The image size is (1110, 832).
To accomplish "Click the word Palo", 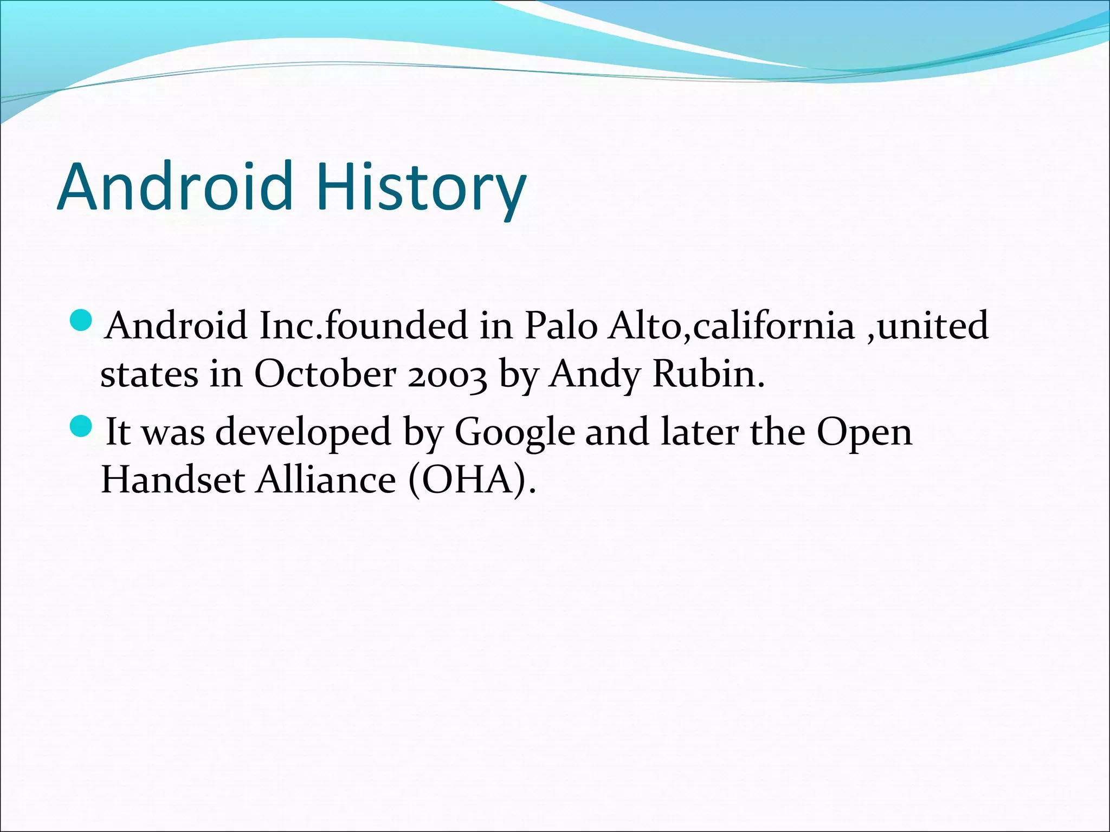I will coord(560,326).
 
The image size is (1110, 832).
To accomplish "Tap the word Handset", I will coord(173,480).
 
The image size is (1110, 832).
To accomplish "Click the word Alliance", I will coord(326,480).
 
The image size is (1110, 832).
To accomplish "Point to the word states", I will coord(149,375).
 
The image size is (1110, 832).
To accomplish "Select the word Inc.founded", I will coord(364,326).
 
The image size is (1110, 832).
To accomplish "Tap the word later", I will coord(699,432).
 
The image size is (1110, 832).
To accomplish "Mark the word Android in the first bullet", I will coord(177,326).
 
